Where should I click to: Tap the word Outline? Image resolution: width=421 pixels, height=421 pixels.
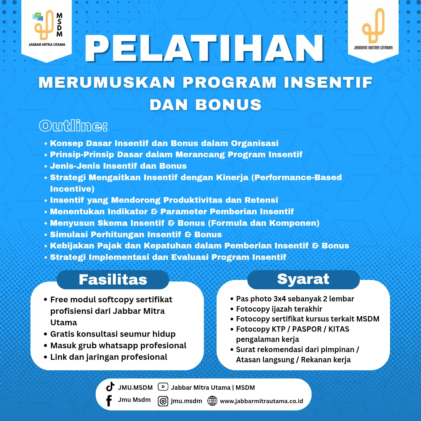tap(73, 126)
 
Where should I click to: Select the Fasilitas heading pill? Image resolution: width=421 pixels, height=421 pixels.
tap(113, 280)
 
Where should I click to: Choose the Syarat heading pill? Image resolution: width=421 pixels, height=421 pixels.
tap(303, 279)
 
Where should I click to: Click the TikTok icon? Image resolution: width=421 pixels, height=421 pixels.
tap(110, 387)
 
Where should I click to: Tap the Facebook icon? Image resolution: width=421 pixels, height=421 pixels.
tap(109, 401)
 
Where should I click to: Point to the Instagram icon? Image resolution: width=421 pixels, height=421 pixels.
tap(163, 401)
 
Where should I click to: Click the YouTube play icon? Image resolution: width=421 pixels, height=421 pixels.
tap(163, 387)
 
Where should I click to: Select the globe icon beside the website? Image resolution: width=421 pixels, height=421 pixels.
tap(212, 401)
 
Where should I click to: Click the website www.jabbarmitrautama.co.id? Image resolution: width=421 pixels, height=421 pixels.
tap(262, 401)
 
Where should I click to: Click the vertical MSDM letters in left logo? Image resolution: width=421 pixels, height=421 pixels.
tap(59, 25)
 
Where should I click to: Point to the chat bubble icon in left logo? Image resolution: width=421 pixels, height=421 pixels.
tap(38, 17)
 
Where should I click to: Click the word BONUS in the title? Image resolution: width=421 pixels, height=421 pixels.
tap(228, 105)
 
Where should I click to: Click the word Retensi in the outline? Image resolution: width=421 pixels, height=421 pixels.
tap(261, 200)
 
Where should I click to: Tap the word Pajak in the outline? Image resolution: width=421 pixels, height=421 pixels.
tap(109, 246)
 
